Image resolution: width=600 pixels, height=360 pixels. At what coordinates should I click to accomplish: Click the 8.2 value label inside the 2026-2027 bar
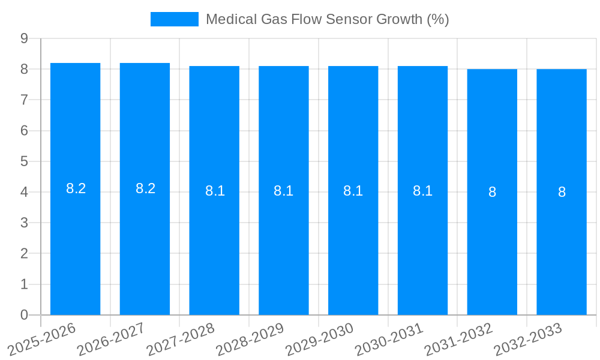click(145, 188)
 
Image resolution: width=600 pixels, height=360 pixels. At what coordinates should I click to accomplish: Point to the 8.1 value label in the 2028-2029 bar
click(283, 191)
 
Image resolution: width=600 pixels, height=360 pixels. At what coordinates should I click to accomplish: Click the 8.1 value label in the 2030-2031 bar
click(422, 191)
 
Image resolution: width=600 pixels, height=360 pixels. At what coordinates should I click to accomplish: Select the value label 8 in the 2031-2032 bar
click(492, 192)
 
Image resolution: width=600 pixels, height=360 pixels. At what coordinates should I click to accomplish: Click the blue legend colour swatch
click(174, 19)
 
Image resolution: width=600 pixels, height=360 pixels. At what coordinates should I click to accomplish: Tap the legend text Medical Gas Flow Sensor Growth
click(327, 19)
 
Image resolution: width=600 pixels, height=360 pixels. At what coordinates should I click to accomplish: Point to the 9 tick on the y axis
click(25, 38)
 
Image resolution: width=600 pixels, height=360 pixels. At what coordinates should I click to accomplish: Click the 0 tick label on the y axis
click(25, 315)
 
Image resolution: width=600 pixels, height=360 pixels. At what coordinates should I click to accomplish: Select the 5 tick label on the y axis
click(25, 161)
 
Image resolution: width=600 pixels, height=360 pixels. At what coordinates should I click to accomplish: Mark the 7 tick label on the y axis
click(25, 100)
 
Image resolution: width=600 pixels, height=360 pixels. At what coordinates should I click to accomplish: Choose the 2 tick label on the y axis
click(25, 254)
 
